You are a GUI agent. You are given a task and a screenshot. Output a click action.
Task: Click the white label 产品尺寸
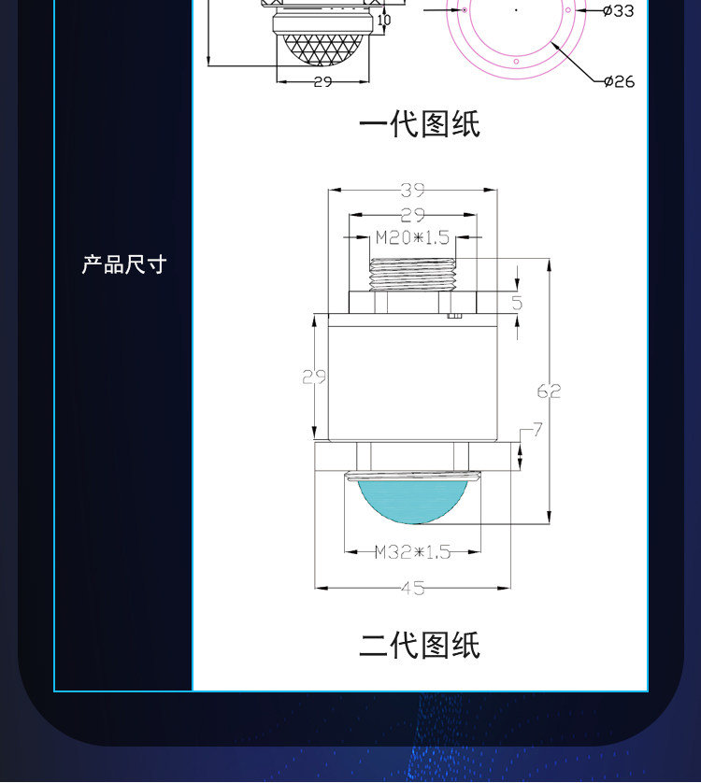point(124,264)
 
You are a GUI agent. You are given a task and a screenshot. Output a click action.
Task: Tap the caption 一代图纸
point(420,124)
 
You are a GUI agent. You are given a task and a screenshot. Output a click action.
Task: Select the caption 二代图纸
point(420,645)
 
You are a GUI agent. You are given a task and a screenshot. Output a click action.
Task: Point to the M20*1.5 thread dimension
point(412,237)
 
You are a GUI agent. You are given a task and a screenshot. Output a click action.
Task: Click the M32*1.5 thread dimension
point(413,552)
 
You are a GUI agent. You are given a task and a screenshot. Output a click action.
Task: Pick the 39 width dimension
point(413,190)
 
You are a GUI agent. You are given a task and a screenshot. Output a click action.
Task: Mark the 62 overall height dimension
point(549,391)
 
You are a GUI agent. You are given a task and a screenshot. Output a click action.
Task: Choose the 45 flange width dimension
point(413,589)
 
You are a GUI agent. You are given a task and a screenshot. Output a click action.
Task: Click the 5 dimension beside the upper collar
point(517,303)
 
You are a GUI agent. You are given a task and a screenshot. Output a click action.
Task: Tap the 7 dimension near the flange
point(537,429)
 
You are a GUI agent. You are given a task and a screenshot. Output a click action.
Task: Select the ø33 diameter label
point(619,10)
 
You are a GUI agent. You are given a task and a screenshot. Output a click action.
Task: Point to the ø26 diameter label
point(619,81)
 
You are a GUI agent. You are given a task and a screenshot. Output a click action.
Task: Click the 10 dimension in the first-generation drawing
point(384,20)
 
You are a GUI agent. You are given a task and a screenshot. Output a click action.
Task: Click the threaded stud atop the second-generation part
point(412,275)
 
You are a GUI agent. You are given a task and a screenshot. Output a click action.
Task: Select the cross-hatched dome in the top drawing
point(322,49)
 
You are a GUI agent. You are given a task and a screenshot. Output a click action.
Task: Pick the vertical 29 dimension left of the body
point(314,377)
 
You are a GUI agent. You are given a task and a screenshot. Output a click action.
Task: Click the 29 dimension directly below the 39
point(413,215)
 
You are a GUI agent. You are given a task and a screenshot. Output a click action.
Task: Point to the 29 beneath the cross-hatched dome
point(322,81)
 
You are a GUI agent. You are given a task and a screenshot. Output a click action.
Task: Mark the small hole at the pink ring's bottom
point(516,62)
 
